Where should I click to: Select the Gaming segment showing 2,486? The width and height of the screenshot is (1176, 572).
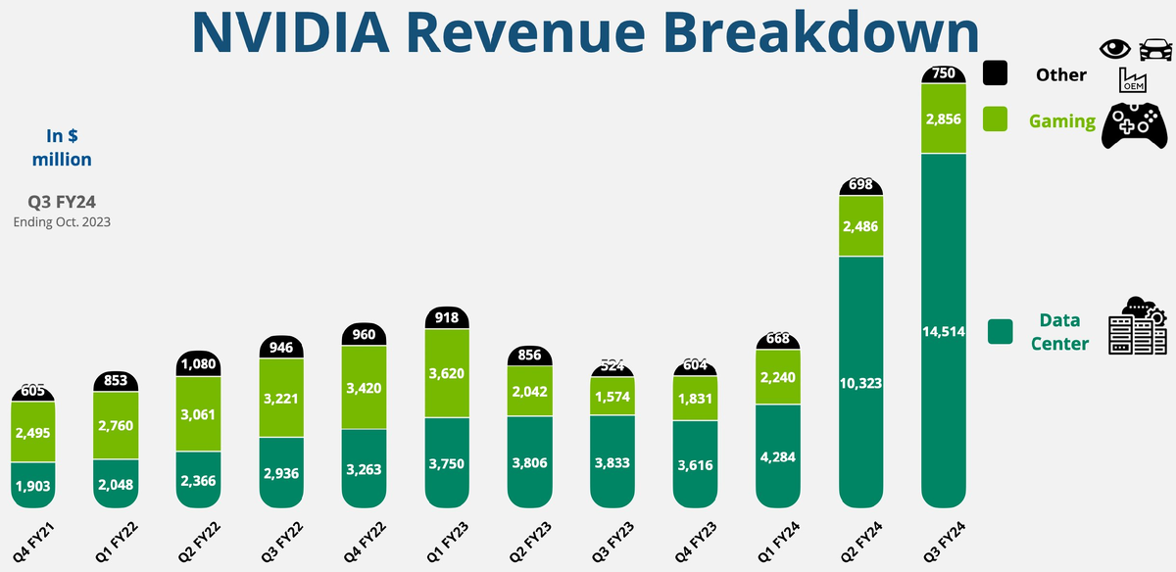pos(861,226)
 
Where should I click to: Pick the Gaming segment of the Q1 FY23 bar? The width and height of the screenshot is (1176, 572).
pos(447,373)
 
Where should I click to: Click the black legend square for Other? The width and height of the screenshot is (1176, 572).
pos(996,73)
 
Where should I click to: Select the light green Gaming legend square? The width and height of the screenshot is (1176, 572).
pos(996,119)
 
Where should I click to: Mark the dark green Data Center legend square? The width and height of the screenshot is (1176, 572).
pos(1001,331)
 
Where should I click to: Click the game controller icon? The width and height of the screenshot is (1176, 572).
pos(1136,125)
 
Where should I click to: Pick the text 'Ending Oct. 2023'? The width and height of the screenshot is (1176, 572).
pos(62,221)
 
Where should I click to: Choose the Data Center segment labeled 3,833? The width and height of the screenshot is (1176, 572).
pos(612,460)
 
